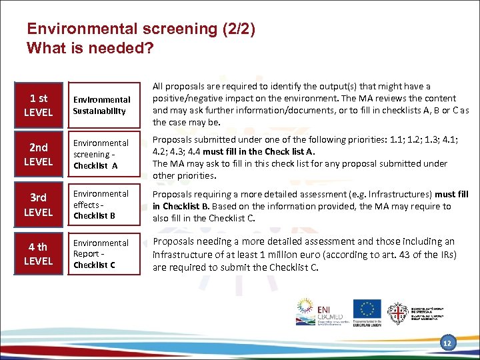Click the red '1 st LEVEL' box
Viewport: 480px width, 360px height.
pos(38,105)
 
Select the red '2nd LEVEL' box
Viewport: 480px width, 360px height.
pos(38,155)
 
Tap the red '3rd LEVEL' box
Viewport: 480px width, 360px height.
pos(38,205)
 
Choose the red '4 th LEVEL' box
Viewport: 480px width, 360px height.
pos(38,254)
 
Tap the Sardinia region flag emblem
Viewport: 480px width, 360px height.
pos(398,312)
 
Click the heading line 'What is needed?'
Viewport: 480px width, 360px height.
pos(90,49)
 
